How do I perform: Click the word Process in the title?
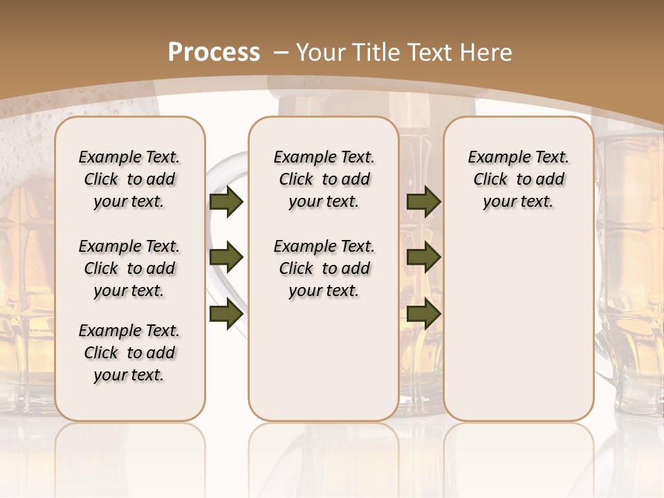point(214,53)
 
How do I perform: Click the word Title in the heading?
point(376,53)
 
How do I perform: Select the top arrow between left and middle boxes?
point(225,201)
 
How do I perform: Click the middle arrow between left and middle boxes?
point(225,257)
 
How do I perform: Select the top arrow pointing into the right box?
point(423,201)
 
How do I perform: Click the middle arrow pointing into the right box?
point(423,257)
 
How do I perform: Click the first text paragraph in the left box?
point(129,179)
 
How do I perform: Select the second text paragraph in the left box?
point(129,268)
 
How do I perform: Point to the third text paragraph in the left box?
point(129,353)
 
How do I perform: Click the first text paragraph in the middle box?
point(324,179)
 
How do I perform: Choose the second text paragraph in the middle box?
point(324,268)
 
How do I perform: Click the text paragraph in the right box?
point(519,179)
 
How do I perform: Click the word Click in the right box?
point(490,180)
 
